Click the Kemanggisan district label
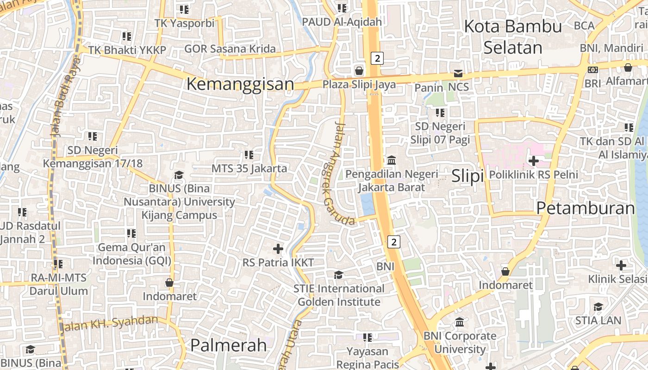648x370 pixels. coord(240,84)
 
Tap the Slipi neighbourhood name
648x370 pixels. coord(467,176)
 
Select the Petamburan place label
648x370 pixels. coord(586,208)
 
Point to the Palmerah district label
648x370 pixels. coord(229,345)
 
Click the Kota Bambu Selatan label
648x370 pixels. coord(513,37)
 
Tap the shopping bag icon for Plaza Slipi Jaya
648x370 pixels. coord(359,71)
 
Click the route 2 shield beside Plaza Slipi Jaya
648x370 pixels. coord(378,58)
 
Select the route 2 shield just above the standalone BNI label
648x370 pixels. coord(393,241)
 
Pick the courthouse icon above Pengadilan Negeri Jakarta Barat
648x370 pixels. coord(392,160)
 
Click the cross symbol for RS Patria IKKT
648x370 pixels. coord(278,249)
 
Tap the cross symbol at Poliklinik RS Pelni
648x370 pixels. coord(533,161)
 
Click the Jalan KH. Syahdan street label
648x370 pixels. coord(109,323)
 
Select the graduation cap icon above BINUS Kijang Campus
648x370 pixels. coord(179,175)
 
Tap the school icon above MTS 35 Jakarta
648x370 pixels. coord(249,155)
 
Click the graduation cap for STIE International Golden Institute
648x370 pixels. coord(339,275)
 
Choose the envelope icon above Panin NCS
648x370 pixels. coord(458,74)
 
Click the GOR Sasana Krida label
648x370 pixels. coord(230,49)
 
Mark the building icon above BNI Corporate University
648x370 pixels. coord(460,322)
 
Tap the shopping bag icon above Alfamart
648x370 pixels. coord(628,68)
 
